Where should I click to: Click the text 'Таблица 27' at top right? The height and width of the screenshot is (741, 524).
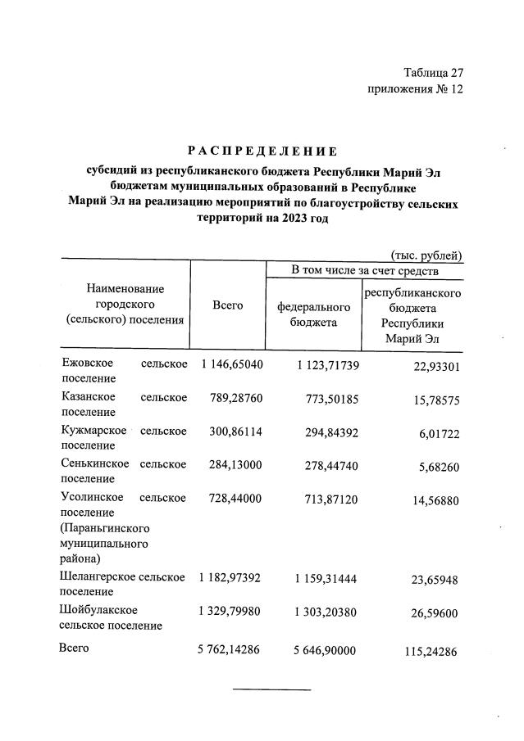click(433, 73)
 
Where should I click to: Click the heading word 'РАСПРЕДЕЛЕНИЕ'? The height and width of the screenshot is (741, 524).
click(262, 151)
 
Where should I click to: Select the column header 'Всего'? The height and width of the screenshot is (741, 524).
click(227, 305)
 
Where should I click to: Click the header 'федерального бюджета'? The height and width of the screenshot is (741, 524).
click(313, 314)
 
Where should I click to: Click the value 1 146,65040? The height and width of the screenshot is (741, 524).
click(230, 364)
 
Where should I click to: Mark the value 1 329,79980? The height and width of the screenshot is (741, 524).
click(230, 610)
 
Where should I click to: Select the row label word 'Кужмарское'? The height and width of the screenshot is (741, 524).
click(93, 431)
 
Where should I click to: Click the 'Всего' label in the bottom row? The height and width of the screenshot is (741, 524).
click(74, 648)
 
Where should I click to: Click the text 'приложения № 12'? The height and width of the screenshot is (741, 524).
click(416, 89)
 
